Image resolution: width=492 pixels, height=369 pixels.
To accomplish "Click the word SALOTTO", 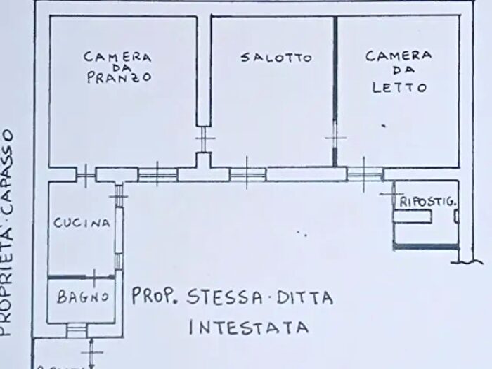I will click(x=276, y=58).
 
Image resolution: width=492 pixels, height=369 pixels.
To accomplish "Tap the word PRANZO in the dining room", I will click(x=119, y=79).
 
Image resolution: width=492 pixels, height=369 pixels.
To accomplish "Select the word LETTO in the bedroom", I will click(x=399, y=88).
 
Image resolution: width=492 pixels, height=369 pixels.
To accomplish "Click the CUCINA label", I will click(x=83, y=224).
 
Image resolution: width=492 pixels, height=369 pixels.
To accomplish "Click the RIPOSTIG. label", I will click(x=427, y=202).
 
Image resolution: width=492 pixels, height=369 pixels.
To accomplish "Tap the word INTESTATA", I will click(x=249, y=328).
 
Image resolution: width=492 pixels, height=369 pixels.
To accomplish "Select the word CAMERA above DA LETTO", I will click(x=399, y=56).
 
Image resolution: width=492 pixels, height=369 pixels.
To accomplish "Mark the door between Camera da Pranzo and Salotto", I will click(x=204, y=137).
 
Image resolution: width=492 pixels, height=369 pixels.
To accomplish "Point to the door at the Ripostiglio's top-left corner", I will click(x=389, y=191).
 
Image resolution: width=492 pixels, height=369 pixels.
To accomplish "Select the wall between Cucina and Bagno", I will click(x=82, y=278).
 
